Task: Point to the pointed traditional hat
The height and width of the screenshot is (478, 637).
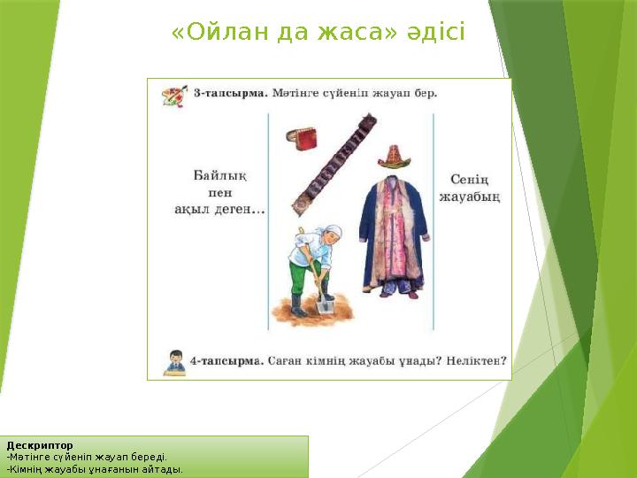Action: [x=394, y=158]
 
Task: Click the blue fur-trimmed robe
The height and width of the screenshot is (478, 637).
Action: [x=393, y=234]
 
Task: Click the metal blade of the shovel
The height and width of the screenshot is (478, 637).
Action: [x=324, y=305]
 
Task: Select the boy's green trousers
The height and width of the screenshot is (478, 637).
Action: [x=305, y=278]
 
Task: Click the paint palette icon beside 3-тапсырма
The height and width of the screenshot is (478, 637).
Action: [x=173, y=94]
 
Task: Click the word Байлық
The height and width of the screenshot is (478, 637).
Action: [x=219, y=176]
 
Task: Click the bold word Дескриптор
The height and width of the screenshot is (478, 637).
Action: [x=40, y=444]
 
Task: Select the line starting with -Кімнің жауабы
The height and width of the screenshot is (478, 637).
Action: [x=95, y=469]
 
